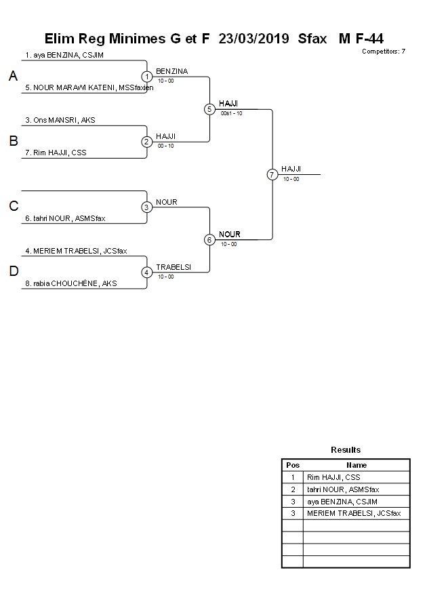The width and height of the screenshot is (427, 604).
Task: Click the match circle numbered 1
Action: tap(146, 77)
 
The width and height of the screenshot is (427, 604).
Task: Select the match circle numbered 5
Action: tap(209, 109)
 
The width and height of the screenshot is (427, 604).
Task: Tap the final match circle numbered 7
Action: tap(272, 174)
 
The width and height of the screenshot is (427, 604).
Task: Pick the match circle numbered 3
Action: tap(146, 207)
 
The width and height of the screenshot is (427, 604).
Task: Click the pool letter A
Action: tap(13, 77)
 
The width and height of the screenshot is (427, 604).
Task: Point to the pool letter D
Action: tap(13, 272)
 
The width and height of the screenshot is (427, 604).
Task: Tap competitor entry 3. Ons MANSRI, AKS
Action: tap(60, 120)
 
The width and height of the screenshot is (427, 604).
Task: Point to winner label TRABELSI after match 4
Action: tap(174, 267)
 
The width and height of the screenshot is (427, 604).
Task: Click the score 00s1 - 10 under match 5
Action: tap(231, 113)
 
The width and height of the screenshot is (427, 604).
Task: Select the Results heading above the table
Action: tap(346, 449)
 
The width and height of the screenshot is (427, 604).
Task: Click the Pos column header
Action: tap(293, 465)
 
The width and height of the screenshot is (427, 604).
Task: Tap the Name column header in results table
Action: tap(357, 465)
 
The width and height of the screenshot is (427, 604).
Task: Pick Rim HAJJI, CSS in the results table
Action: tap(333, 477)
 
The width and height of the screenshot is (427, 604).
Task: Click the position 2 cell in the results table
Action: tap(293, 489)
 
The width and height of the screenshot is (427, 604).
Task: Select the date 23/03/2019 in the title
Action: tap(254, 39)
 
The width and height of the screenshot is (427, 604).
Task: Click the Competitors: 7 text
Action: tap(384, 52)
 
